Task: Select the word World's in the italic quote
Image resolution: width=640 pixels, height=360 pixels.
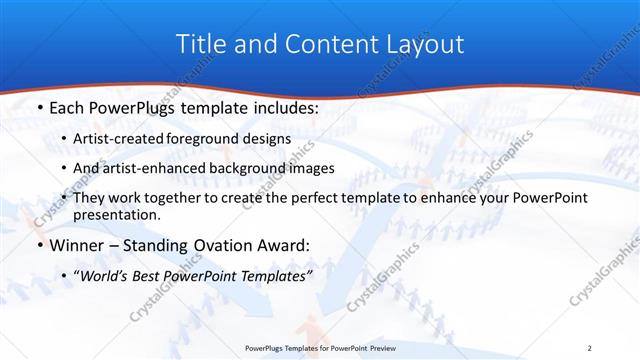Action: point(102,275)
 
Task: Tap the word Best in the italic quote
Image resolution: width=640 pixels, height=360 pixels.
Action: point(149,275)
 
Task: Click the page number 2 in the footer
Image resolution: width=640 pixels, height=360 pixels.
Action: point(590,347)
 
